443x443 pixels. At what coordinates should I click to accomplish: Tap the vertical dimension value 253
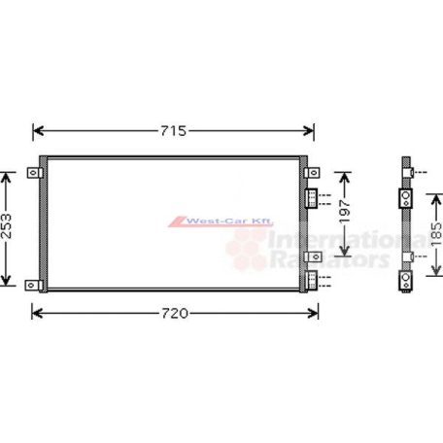click(x=8, y=229)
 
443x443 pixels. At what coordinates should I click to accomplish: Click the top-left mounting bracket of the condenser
click(x=34, y=173)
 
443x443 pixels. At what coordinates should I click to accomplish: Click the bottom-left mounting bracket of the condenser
click(x=34, y=285)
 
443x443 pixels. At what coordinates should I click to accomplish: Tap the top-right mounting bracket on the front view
click(x=313, y=173)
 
